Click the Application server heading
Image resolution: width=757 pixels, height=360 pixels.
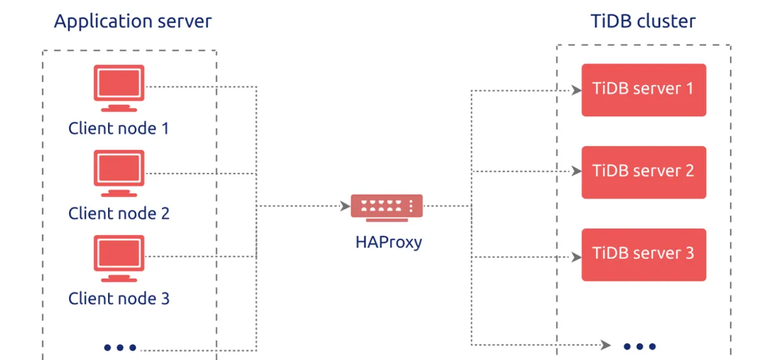[133, 22]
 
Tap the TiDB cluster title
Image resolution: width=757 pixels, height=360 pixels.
[644, 21]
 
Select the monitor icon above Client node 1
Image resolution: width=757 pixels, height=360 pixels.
[119, 88]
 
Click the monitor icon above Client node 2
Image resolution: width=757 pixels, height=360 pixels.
[119, 173]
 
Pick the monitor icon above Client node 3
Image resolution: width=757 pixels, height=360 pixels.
[119, 258]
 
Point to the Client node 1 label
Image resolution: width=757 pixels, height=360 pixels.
[119, 129]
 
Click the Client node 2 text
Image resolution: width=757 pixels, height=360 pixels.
[119, 214]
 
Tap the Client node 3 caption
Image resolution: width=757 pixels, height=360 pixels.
[119, 298]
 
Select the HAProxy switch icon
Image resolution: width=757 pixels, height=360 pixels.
[387, 208]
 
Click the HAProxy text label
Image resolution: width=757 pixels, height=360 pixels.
[389, 242]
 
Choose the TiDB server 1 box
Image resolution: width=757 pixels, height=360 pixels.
[644, 90]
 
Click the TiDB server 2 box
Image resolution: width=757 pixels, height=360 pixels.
[644, 172]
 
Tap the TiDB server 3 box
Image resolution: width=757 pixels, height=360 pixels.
[644, 254]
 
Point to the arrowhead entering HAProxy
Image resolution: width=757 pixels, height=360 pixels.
[346, 206]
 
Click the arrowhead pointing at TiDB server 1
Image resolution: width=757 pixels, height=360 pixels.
[577, 90]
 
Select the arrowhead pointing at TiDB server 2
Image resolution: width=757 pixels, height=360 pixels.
[577, 171]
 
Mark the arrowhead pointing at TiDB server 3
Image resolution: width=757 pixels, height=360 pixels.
[577, 257]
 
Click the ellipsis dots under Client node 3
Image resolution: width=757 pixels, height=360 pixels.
[120, 347]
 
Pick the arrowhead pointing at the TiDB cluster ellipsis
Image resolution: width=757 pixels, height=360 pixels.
[605, 345]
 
